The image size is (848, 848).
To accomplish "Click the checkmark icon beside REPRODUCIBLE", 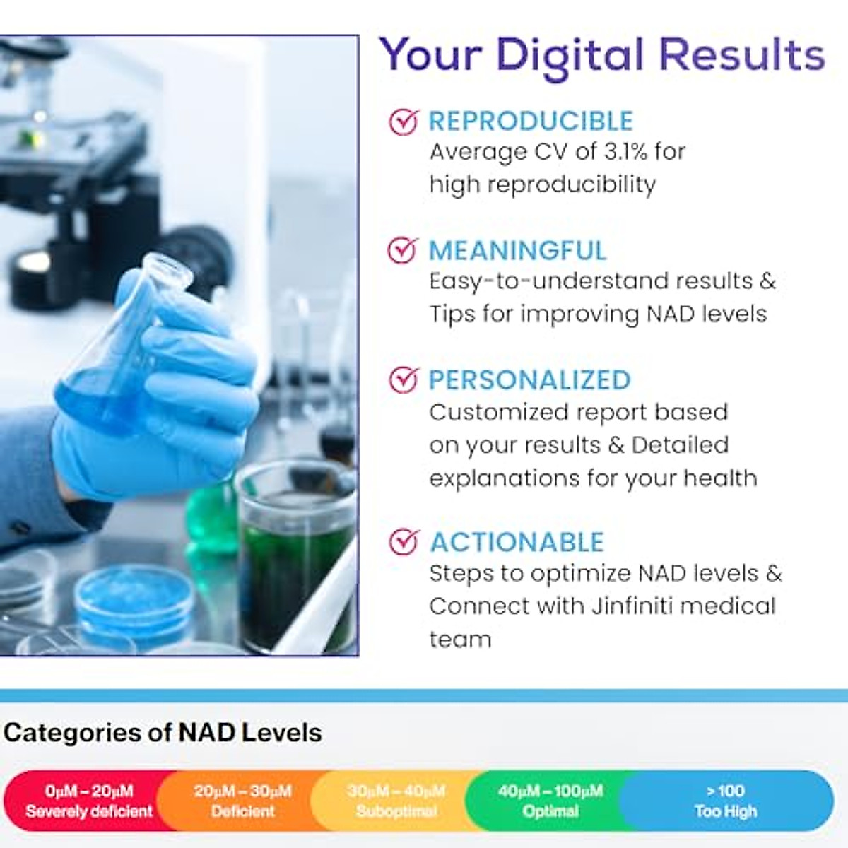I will (404, 122).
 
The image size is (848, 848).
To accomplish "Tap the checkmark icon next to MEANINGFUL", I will (403, 250).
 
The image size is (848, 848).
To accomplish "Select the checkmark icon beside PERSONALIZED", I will (404, 380).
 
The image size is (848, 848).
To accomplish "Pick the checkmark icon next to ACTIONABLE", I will (404, 542).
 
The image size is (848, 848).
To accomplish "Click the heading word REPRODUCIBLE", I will (531, 122).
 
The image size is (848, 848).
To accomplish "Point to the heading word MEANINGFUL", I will (518, 251).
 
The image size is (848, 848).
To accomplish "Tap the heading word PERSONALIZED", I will (530, 380).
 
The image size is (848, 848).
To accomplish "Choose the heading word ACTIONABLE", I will (517, 543).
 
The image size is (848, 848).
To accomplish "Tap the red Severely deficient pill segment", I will (88, 801).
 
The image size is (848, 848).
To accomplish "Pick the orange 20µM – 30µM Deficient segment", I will (242, 801).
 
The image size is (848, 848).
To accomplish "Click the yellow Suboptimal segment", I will (396, 801).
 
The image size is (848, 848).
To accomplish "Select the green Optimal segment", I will (550, 801).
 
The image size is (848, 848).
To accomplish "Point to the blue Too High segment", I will (726, 801).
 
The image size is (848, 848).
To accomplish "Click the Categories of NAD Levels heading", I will (163, 732).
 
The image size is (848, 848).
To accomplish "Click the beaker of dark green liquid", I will (295, 558).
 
